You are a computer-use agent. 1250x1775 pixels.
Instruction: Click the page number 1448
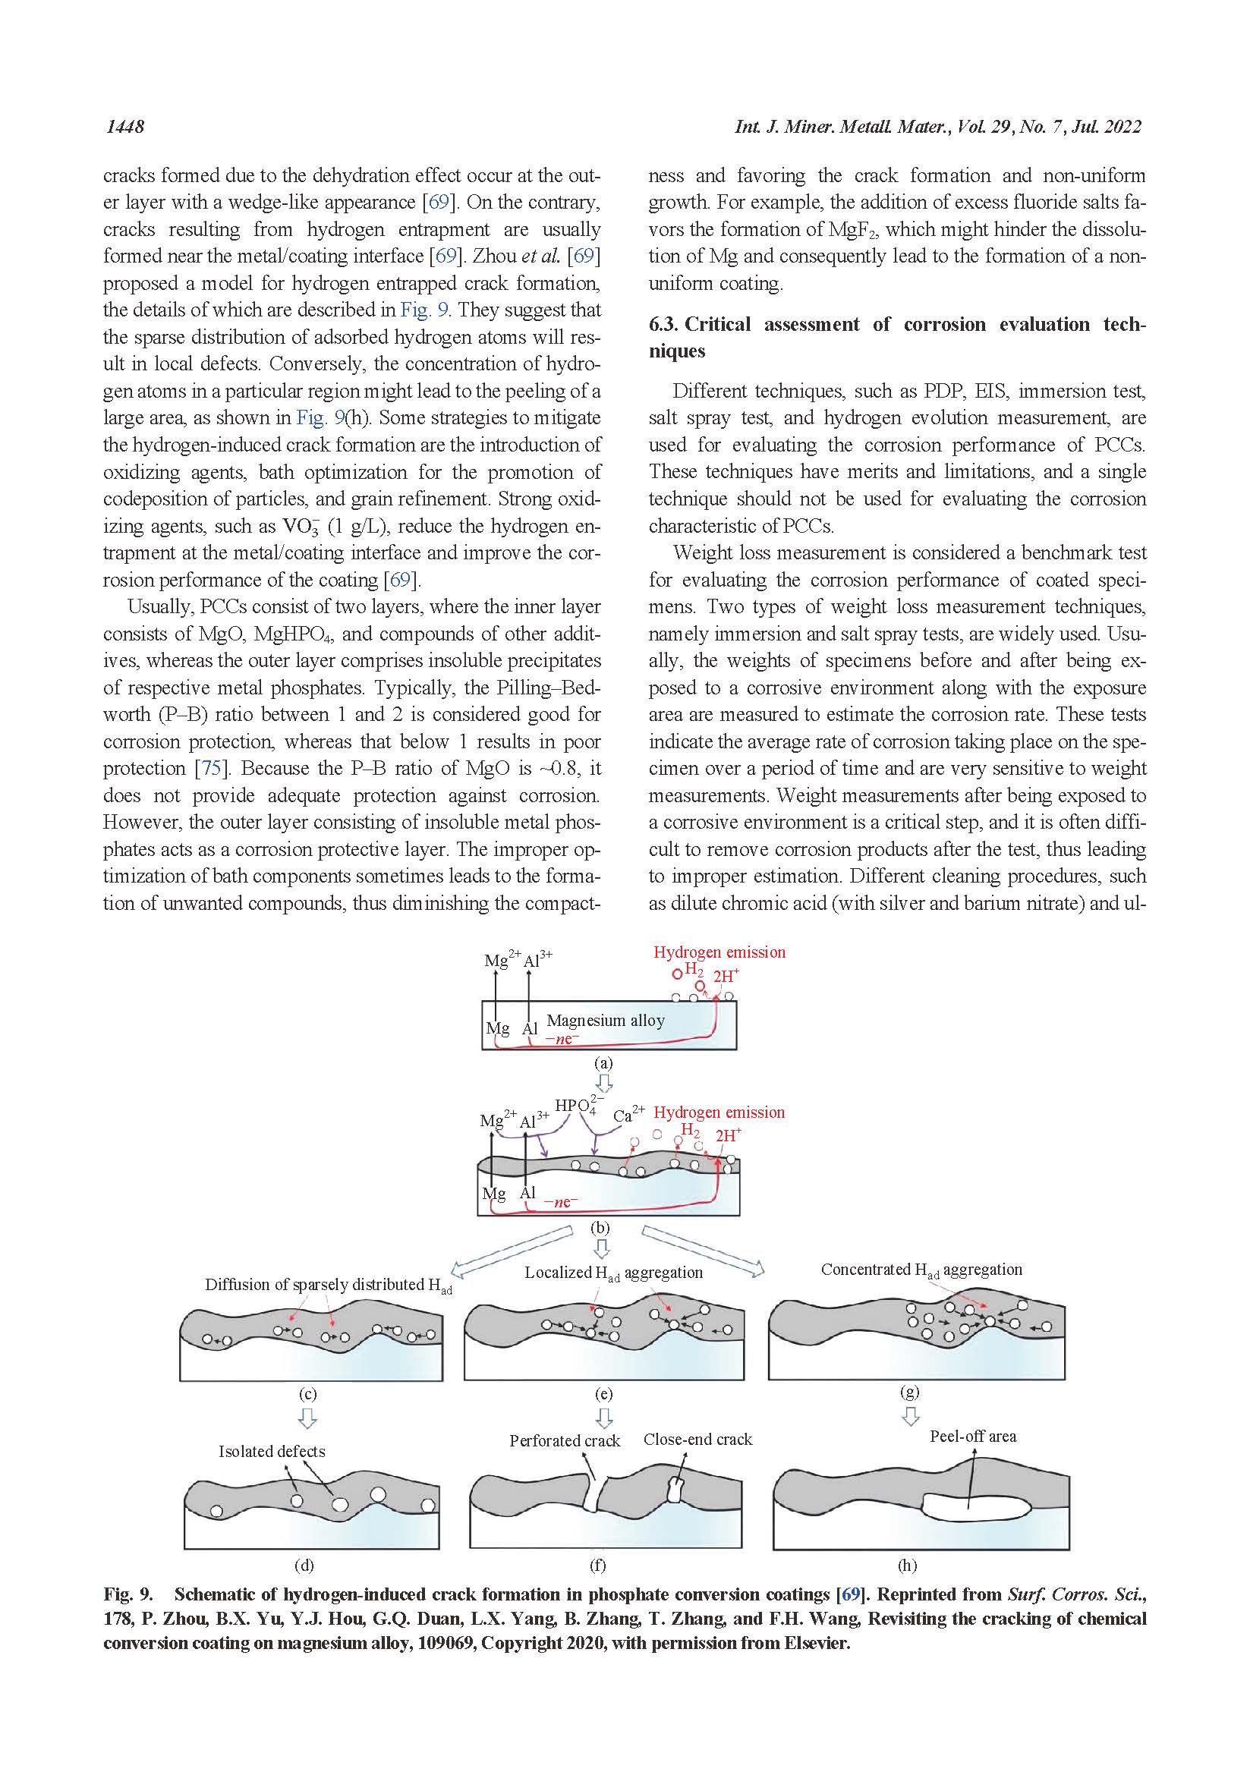pos(124,127)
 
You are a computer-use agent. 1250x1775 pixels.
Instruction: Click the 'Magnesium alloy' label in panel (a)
pos(606,1021)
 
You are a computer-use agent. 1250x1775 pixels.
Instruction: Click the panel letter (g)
pos(910,1392)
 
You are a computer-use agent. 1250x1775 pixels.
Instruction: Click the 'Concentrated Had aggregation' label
pos(921,1270)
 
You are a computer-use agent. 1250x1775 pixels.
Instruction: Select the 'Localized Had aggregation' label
pos(613,1273)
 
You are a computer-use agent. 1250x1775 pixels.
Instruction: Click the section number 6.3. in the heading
pos(663,325)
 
